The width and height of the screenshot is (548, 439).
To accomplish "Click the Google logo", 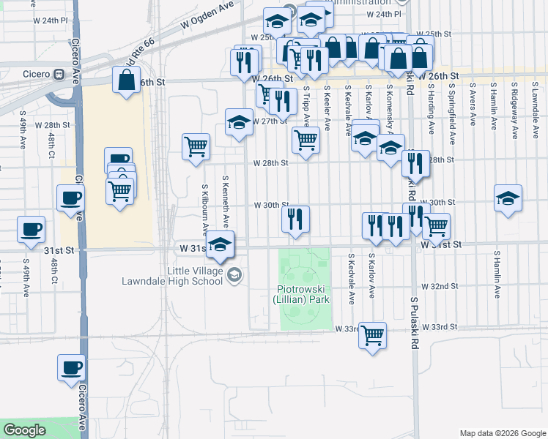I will click(x=24, y=430).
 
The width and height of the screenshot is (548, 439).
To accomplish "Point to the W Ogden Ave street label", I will click(x=212, y=16).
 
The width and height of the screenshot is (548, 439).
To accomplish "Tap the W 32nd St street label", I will click(x=440, y=286).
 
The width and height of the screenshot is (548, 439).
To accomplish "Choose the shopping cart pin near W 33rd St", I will click(x=372, y=336).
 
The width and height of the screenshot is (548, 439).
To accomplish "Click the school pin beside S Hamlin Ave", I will click(x=508, y=198).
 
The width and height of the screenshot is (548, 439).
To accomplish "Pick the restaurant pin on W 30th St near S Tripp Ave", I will click(x=295, y=219).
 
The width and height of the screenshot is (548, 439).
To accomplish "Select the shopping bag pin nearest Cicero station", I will click(x=126, y=80).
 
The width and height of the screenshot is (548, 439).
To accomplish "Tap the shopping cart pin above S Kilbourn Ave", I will click(x=196, y=147).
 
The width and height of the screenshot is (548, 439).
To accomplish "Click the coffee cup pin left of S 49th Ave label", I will click(x=31, y=229).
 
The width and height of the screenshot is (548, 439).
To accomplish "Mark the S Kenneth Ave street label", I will click(x=226, y=200).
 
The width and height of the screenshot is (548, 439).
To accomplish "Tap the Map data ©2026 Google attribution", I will click(x=502, y=433).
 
